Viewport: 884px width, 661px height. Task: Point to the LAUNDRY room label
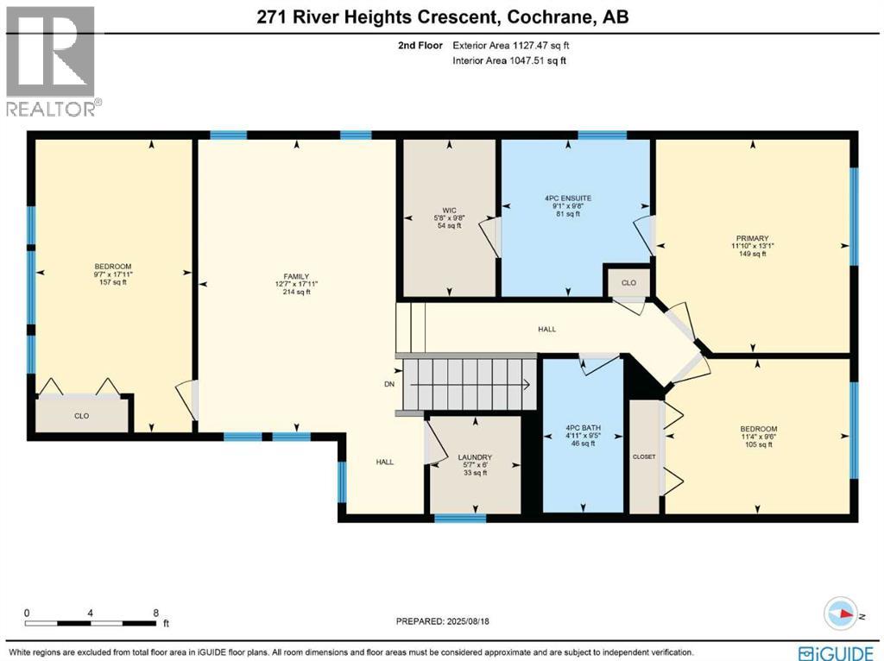click(x=475, y=457)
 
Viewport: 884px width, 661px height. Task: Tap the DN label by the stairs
click(x=389, y=385)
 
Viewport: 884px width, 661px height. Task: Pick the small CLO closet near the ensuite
click(x=628, y=282)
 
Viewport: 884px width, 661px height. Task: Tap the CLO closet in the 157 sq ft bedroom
click(x=81, y=415)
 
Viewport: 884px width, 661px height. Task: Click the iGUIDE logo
click(x=838, y=652)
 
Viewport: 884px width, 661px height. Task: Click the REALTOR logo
click(x=51, y=60)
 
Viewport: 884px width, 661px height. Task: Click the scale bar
click(x=91, y=621)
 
